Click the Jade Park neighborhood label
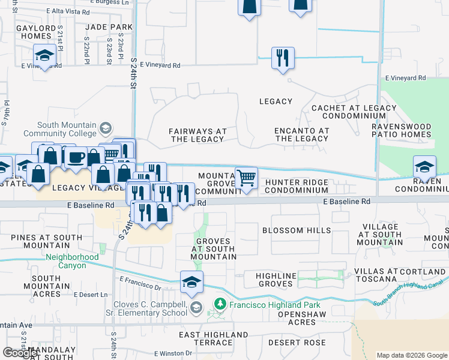[x=109, y=28]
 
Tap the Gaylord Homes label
[x=37, y=32]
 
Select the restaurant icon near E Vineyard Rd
[x=283, y=58]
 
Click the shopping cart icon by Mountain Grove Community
[x=246, y=178]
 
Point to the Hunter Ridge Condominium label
[x=297, y=186]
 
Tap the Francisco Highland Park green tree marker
[x=220, y=305]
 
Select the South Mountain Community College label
[x=58, y=129]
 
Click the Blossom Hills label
[x=297, y=230]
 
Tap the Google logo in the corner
[x=20, y=352]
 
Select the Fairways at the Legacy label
[x=197, y=135]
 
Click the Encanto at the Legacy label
[x=301, y=134]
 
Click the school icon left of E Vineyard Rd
[x=44, y=56]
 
